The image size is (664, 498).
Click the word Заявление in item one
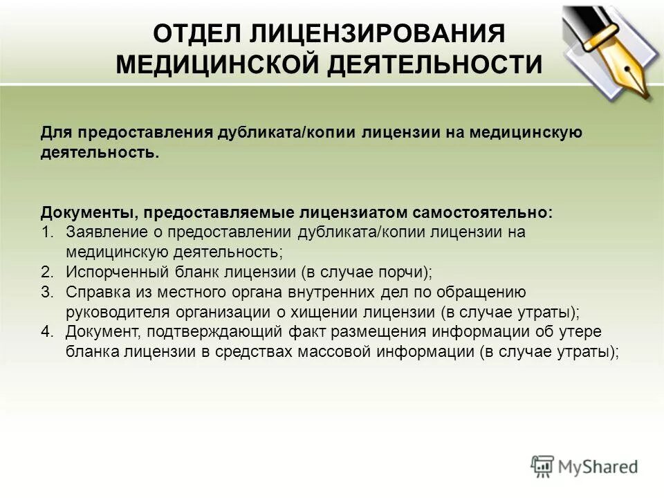(100, 232)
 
